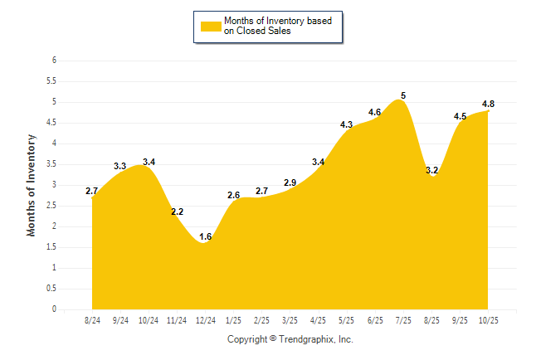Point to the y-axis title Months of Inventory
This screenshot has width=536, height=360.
[32, 185]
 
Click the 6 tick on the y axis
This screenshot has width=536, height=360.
[54, 61]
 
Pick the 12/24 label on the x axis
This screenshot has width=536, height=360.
[205, 319]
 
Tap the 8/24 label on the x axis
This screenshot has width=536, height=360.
[92, 319]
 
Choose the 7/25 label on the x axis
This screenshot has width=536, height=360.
[403, 319]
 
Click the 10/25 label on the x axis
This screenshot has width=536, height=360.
[488, 319]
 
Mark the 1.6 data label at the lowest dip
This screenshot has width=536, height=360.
[206, 237]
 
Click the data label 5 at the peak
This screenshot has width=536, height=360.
[403, 95]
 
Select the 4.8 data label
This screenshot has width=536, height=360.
[489, 104]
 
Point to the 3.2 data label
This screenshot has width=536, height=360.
[431, 170]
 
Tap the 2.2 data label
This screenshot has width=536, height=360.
[177, 212]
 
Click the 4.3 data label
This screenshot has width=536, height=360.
[347, 124]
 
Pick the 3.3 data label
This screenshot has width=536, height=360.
[119, 166]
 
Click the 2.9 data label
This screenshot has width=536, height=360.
[290, 182]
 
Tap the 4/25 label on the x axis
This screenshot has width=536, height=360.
[318, 319]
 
